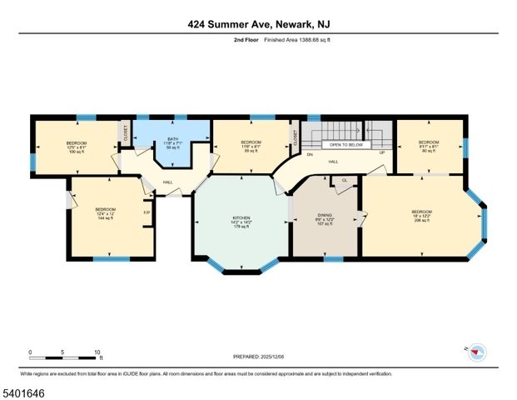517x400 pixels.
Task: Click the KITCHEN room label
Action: click(x=241, y=218)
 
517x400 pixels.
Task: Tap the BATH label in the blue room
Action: click(x=173, y=139)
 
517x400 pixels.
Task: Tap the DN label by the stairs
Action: click(x=309, y=155)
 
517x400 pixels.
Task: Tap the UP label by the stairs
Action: click(x=381, y=153)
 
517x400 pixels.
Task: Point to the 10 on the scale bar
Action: click(x=97, y=352)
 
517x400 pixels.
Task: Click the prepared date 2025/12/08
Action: click(x=258, y=357)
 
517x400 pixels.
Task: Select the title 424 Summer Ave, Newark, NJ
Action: click(x=258, y=25)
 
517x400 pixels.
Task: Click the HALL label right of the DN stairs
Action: click(x=333, y=162)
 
